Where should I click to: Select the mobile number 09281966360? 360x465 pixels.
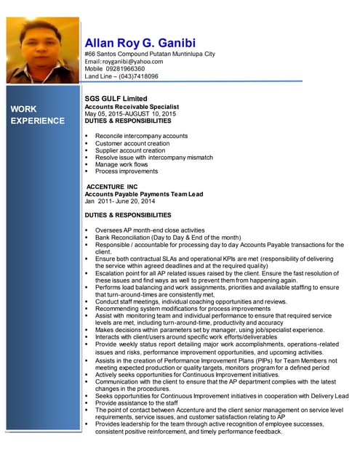pos(124,69)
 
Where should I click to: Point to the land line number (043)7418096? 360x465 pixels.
pos(138,76)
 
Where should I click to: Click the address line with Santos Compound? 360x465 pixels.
pos(150,54)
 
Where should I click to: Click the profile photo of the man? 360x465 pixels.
pos(42,50)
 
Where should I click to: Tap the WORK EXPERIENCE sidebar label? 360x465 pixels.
pos(37,115)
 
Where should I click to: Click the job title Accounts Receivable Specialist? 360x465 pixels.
pos(131,107)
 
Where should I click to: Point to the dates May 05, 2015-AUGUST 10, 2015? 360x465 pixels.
pos(130,114)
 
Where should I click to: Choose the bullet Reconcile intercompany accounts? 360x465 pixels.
pos(141,136)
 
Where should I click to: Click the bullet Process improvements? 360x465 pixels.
pos(127,171)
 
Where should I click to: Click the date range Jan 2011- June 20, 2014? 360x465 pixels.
pos(120,201)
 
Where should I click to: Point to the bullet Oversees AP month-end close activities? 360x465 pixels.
pos(150,230)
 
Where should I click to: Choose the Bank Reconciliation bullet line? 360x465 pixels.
pos(167,238)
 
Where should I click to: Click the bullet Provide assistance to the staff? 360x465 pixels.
pos(137,403)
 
